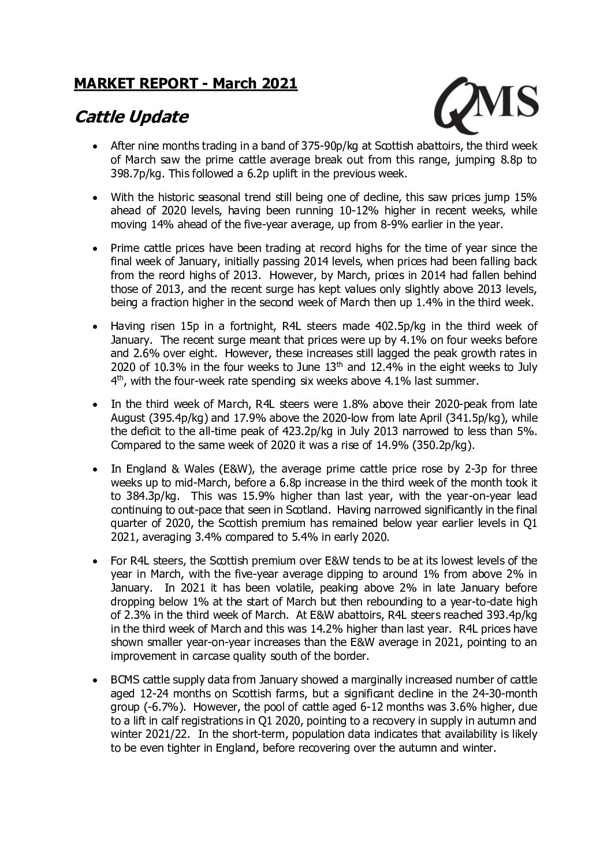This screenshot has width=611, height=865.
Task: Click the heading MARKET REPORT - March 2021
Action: [x=185, y=84]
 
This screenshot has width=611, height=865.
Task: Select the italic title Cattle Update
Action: [x=131, y=117]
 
